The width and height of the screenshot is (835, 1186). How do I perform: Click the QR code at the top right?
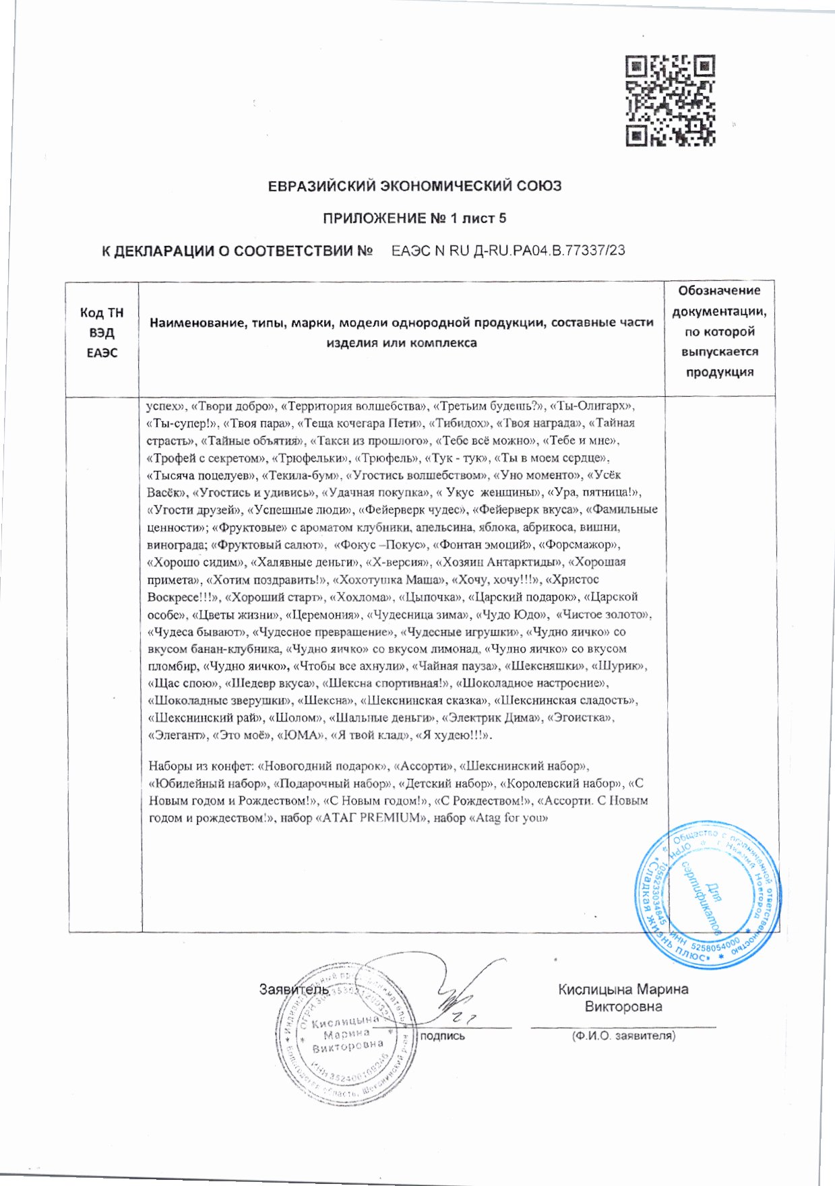(670, 101)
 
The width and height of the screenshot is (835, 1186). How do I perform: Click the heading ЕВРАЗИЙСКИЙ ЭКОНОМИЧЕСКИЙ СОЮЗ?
(414, 186)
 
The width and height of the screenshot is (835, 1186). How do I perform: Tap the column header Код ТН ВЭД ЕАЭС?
(102, 332)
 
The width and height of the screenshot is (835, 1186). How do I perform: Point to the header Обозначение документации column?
(719, 331)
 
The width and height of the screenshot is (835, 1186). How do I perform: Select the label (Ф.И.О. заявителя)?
(623, 1036)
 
